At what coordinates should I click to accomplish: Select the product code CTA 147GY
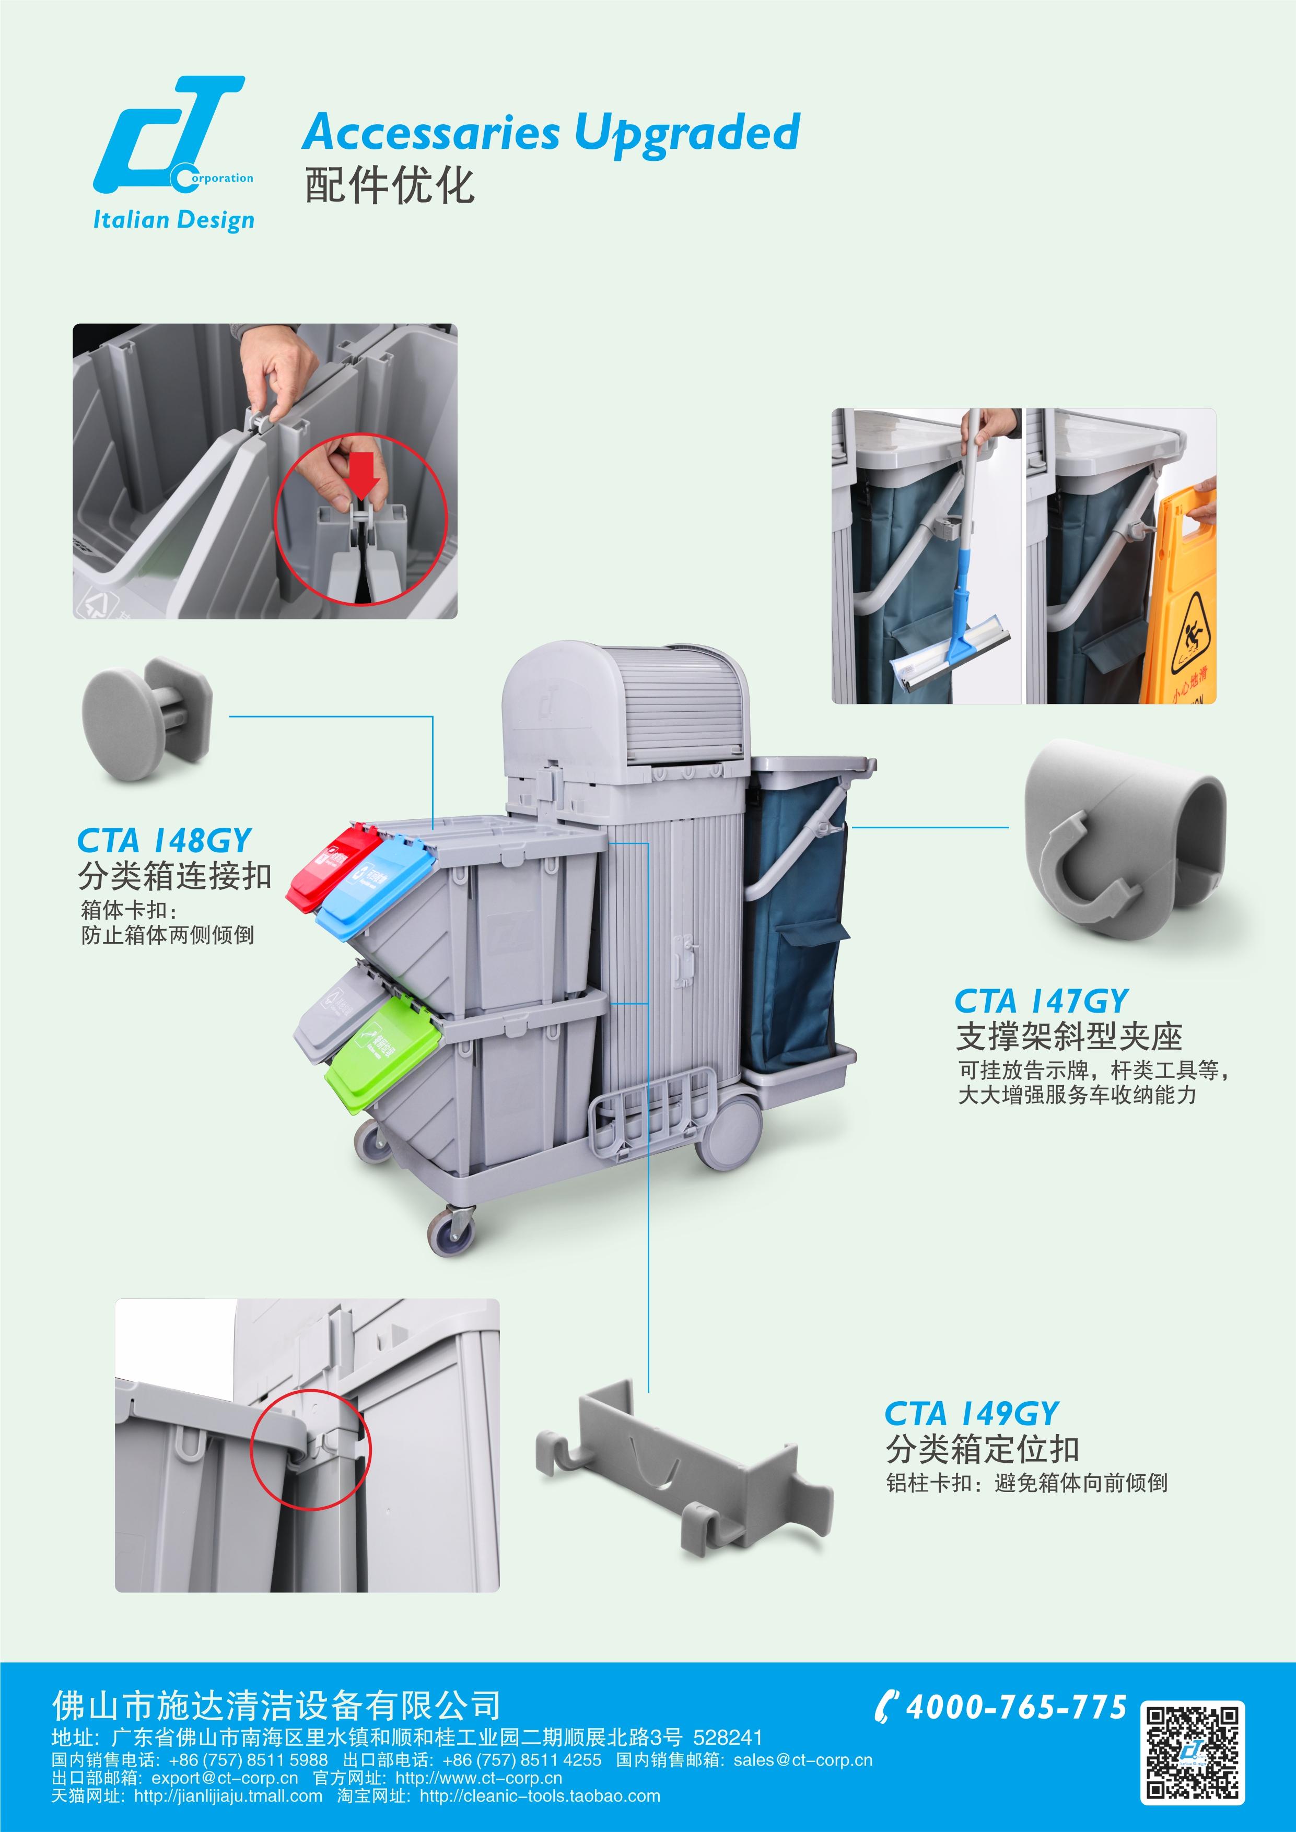(x=1042, y=1001)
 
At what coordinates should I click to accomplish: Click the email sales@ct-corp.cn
(x=803, y=1759)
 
